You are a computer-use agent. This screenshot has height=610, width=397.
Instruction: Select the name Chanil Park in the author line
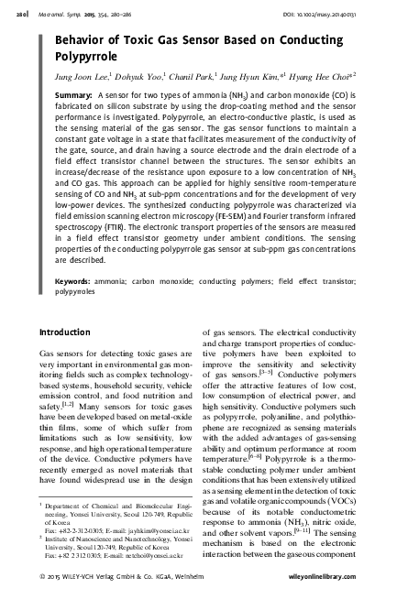click(x=187, y=77)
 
